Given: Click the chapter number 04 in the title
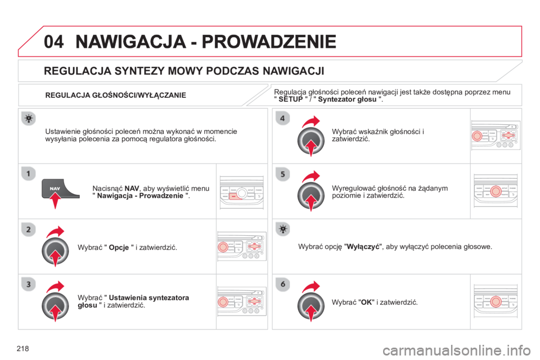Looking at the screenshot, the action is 54,42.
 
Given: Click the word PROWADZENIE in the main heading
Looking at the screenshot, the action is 269,42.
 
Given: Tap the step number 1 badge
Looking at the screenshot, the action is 29,173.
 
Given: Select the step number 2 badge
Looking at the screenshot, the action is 29,229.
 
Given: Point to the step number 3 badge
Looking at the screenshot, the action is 29,284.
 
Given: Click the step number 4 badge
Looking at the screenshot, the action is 283,118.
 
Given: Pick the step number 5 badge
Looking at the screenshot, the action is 283,174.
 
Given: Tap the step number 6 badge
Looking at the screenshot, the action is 283,284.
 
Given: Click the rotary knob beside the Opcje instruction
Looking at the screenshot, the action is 55,251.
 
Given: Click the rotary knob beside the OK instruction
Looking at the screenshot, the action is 311,305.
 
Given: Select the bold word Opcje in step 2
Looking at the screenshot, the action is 119,247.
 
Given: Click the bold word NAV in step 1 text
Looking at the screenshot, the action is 132,188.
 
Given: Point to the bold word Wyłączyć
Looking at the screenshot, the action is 363,247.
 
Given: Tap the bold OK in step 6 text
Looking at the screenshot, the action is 366,303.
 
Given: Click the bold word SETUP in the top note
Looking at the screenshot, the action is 291,100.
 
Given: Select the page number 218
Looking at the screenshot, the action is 22,349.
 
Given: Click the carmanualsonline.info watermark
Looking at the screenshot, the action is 457,350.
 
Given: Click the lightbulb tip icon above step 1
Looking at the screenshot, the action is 29,119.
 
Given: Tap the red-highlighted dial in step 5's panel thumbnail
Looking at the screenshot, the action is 496,191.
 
